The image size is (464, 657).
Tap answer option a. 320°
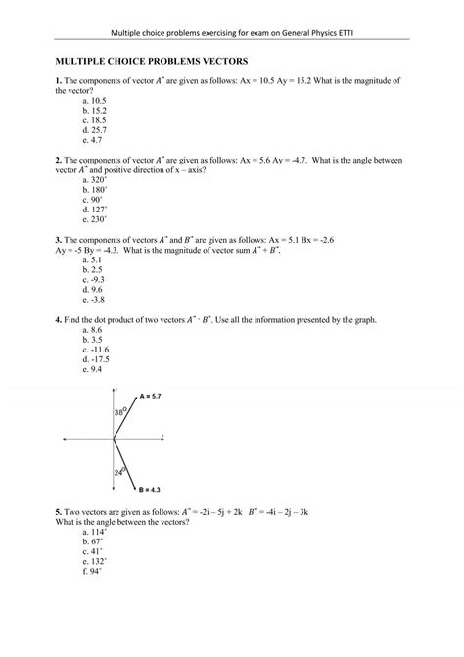point(96,180)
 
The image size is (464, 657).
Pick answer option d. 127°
point(96,210)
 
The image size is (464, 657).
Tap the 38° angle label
point(121,414)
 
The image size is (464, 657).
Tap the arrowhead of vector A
point(137,396)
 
